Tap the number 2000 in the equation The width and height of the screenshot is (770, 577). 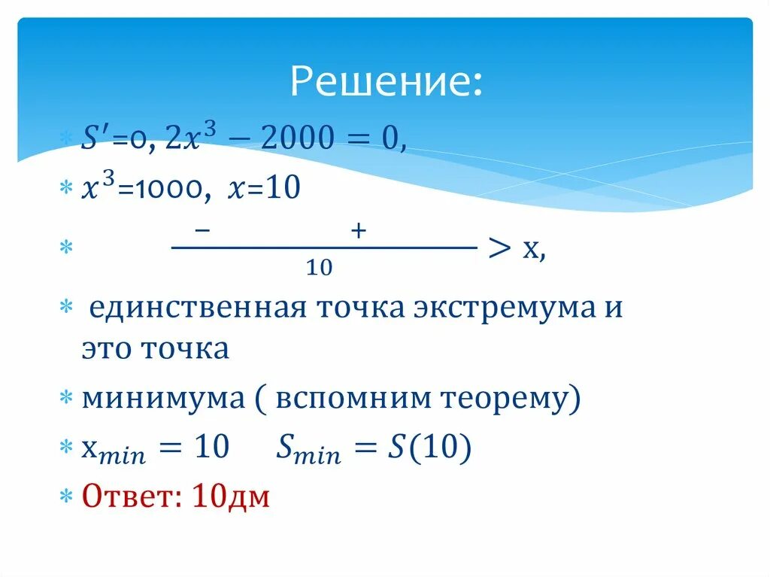coord(286,140)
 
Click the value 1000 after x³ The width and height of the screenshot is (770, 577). coord(179,190)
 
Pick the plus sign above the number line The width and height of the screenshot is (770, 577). coord(357,232)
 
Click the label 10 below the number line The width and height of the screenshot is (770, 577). coord(320,267)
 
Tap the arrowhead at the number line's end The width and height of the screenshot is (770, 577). coord(500,248)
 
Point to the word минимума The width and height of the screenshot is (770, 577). coord(163,399)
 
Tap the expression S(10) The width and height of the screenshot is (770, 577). coord(429,448)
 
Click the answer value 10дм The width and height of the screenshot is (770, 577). coord(231,497)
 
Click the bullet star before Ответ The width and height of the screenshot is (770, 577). coord(66,497)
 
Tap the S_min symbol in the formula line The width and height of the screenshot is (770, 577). coord(308,450)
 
